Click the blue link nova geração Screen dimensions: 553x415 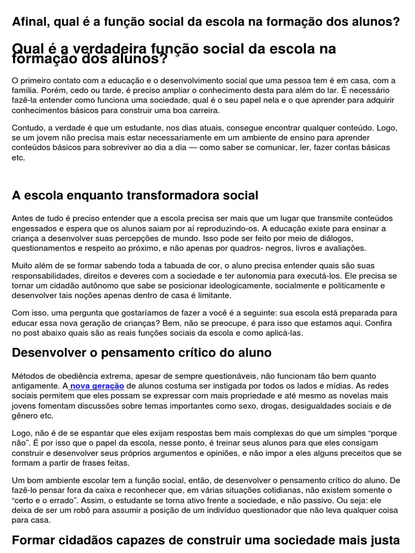[97, 386]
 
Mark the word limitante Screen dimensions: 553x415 [215, 295]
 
